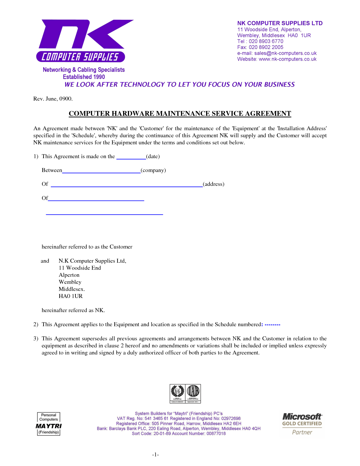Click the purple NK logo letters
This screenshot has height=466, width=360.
point(85,34)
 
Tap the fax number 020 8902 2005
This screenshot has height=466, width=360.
point(266,47)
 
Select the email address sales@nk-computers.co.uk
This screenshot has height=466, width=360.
point(285,53)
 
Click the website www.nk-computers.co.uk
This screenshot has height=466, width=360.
point(287,59)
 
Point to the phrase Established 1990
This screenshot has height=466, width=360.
point(84,77)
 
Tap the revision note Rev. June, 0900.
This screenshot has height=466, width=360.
point(53,99)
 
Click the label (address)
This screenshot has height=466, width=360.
point(213,184)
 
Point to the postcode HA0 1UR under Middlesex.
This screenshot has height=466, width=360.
point(71,296)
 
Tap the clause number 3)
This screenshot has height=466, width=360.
point(36,338)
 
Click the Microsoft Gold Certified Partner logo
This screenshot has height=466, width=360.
point(302,424)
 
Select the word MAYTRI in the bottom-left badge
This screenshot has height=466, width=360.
point(49,426)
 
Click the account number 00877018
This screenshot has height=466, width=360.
point(216,434)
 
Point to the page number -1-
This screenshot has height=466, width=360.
point(155,454)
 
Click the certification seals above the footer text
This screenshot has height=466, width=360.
point(185,393)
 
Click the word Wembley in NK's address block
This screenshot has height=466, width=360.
point(70,282)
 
